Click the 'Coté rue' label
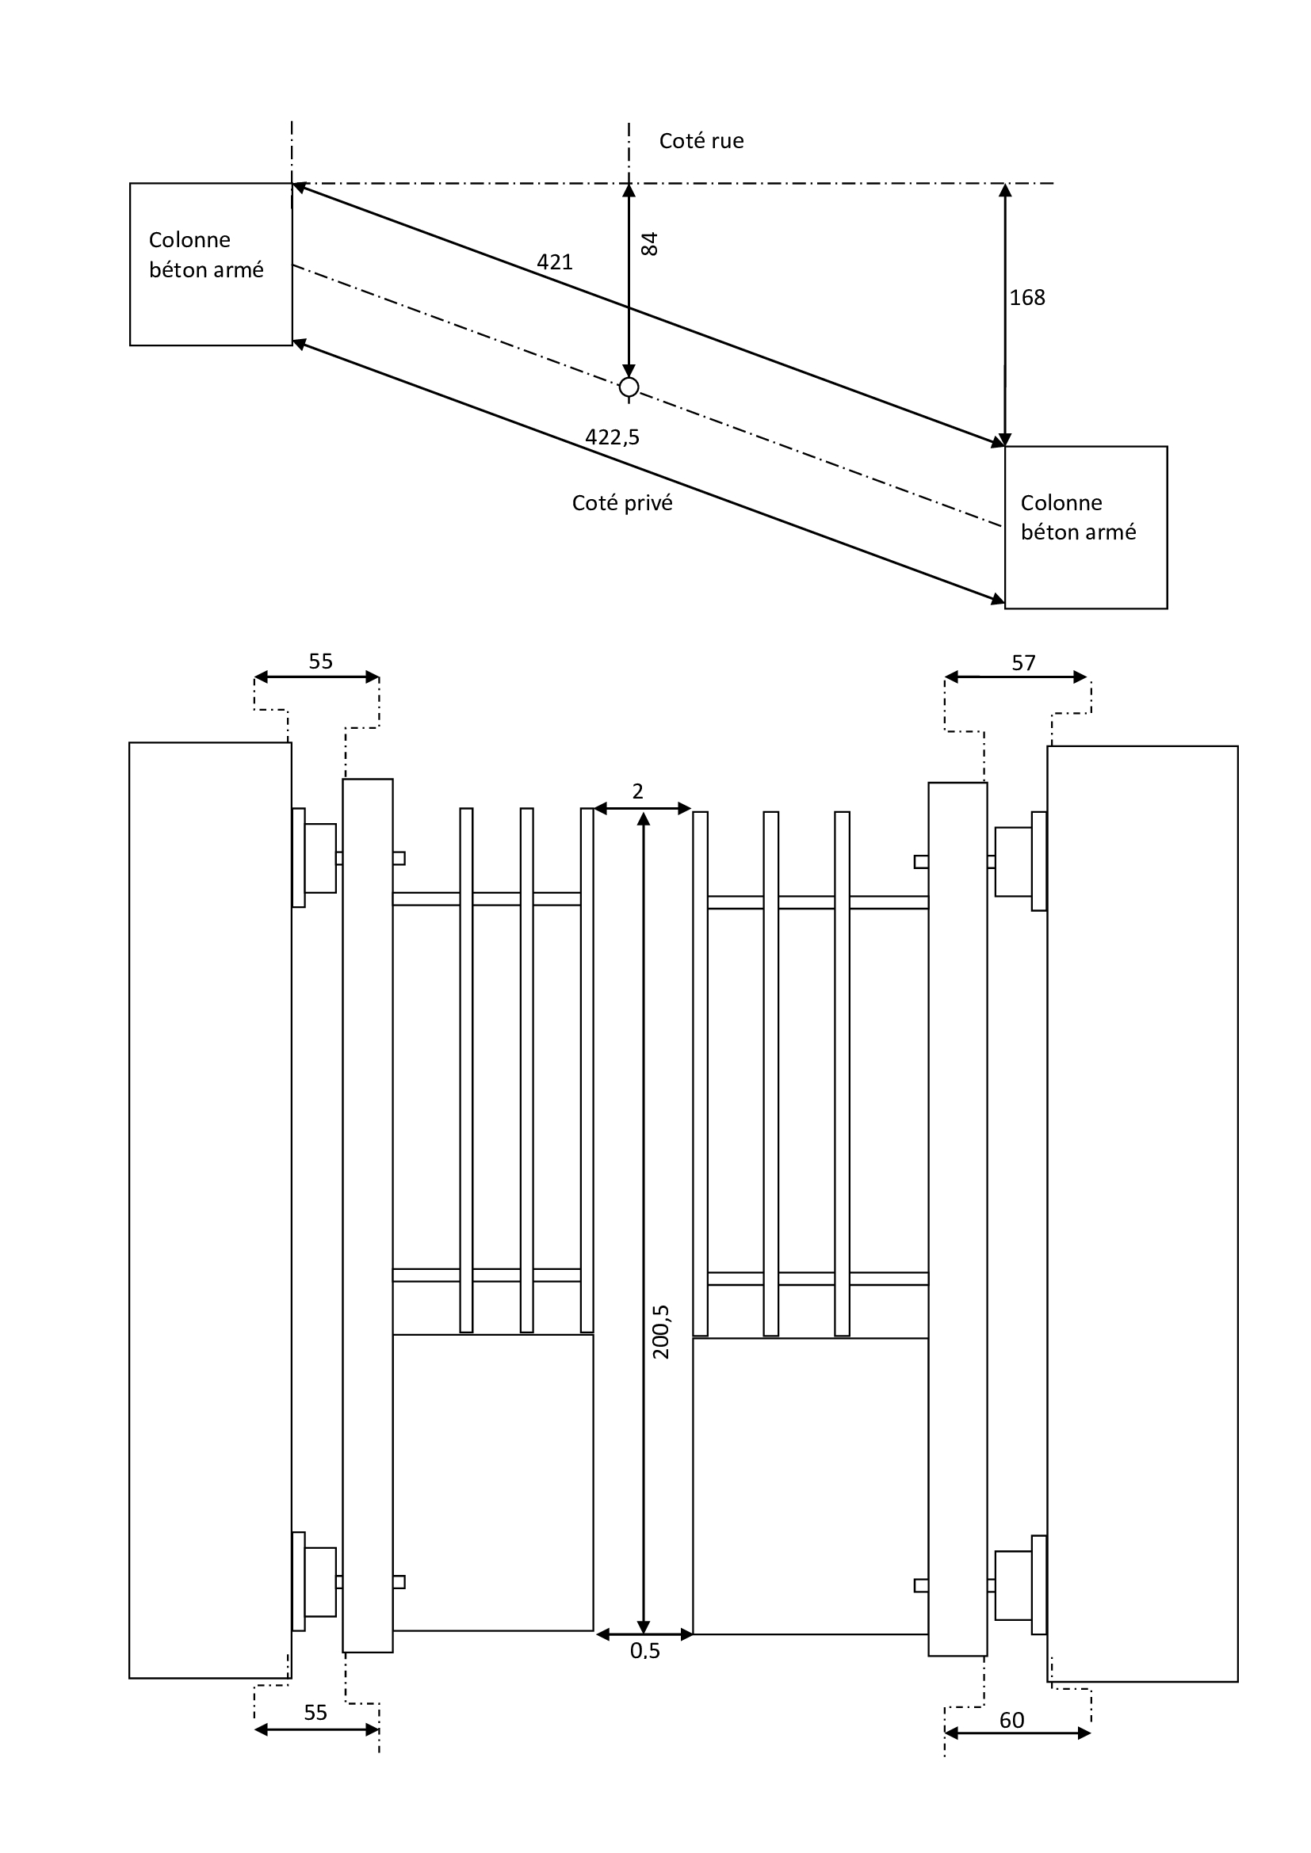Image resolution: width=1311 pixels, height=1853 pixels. [701, 141]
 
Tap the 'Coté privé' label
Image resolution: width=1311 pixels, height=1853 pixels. [621, 503]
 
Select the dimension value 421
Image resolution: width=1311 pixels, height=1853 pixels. [555, 262]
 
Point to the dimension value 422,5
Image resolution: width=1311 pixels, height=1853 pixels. [612, 437]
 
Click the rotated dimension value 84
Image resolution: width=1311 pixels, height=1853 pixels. [649, 244]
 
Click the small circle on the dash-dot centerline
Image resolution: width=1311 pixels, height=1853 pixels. [629, 388]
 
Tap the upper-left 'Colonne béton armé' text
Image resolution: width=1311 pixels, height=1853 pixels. [206, 254]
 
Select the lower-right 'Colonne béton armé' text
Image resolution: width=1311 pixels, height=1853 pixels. [1078, 517]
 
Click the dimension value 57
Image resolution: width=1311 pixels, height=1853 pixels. [1022, 663]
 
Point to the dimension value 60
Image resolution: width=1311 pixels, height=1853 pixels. [1011, 1721]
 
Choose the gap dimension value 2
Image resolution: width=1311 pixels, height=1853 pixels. [638, 791]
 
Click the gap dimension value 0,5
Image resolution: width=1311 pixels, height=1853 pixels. [645, 1651]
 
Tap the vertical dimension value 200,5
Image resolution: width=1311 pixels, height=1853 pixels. [661, 1333]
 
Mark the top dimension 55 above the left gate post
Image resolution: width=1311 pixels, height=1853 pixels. [320, 662]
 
